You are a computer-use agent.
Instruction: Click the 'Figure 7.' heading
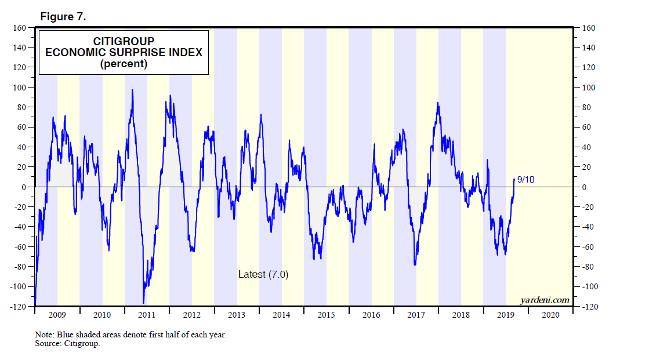63,17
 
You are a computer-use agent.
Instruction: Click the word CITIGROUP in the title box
124,41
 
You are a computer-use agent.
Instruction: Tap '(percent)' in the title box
124,64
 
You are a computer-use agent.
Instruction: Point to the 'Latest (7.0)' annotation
263,274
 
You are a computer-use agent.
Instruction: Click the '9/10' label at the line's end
525,180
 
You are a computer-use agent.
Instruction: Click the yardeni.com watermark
545,300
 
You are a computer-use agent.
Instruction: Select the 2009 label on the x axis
57,315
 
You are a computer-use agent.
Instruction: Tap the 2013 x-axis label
237,315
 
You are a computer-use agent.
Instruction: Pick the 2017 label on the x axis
416,315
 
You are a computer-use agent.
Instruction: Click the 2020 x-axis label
550,315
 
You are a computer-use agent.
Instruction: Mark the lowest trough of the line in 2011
144,303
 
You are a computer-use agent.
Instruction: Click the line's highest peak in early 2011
133,90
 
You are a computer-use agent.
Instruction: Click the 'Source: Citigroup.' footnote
67,344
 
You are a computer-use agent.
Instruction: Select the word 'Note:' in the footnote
44,335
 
